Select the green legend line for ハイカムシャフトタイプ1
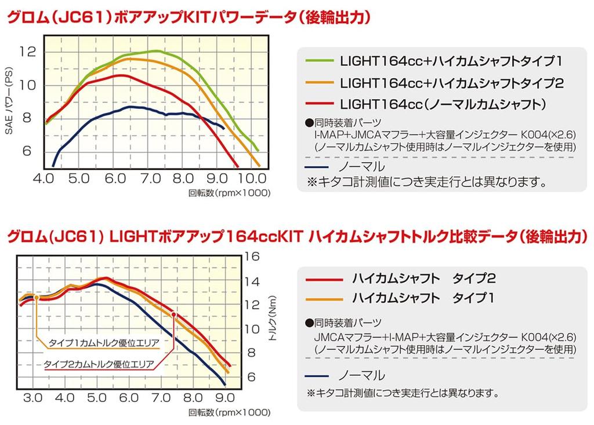point(317,60)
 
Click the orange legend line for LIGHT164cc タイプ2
point(317,82)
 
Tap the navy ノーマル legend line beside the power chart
point(317,164)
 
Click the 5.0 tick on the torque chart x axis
point(97,398)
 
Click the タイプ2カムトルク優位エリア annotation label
point(99,365)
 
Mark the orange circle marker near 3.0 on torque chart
point(36,297)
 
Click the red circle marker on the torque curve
point(173,315)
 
